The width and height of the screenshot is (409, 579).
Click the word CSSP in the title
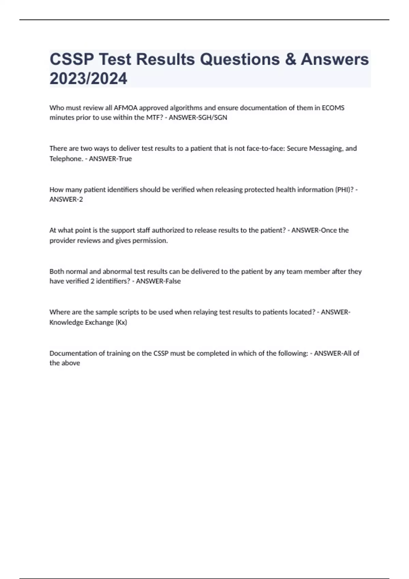72,59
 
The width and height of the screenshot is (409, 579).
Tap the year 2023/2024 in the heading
88,79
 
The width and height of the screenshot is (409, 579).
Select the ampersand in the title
290,59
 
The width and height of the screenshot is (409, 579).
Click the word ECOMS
333,108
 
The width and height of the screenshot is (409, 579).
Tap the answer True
125,159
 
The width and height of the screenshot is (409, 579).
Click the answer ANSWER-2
66,200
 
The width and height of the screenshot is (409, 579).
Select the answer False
172,281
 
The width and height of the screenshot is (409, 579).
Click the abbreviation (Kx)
121,323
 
